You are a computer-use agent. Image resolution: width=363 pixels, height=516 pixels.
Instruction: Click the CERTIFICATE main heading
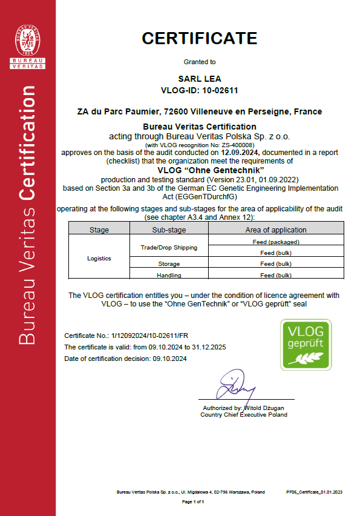pos(200,38)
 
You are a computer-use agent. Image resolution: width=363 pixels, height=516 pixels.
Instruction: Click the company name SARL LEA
pos(200,79)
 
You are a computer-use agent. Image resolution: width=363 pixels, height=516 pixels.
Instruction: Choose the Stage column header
pos(99,230)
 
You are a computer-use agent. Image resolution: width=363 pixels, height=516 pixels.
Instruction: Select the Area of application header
pos(276,230)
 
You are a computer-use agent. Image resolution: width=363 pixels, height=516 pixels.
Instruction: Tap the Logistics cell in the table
pos(99,258)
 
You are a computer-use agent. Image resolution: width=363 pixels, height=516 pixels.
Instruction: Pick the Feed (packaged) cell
pos(276,242)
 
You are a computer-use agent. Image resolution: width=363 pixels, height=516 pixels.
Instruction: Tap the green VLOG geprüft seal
pos(306,345)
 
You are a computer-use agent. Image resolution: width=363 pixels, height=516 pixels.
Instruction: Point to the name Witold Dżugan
pos(264,408)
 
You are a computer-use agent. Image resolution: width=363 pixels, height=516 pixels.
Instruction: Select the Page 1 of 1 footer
pos(194,502)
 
